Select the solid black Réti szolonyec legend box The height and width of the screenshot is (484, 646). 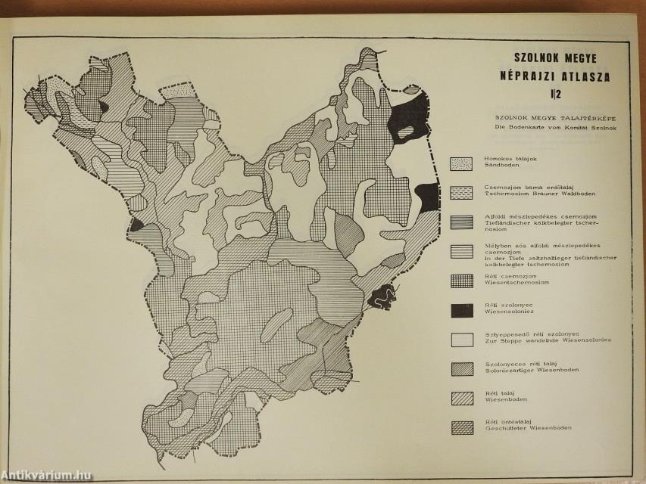(x=461, y=309)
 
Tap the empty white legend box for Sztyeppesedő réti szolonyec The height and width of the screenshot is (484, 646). (x=461, y=339)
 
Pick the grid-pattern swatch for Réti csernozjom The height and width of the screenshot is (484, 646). (x=461, y=281)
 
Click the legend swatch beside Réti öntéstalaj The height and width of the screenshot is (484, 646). (x=461, y=427)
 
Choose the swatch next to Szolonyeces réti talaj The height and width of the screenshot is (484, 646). (x=461, y=368)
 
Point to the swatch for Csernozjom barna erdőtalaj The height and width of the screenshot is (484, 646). (x=461, y=192)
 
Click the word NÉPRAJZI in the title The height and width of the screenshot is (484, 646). (x=521, y=76)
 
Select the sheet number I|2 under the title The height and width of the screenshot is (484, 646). (x=556, y=95)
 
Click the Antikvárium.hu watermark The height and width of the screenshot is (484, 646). (x=47, y=475)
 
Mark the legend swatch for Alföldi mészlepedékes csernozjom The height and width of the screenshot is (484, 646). (x=461, y=222)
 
